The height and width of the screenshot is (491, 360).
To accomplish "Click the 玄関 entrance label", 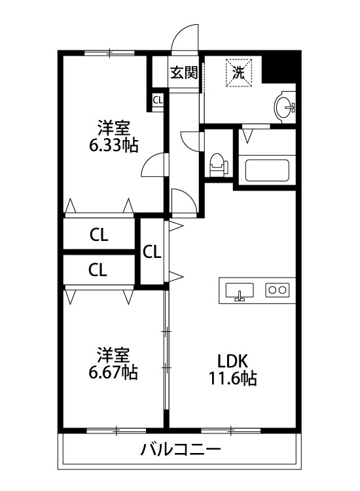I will click(x=184, y=73).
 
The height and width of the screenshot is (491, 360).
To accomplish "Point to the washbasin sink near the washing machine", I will click(x=285, y=107).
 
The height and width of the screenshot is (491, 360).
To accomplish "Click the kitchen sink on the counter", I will click(x=240, y=290).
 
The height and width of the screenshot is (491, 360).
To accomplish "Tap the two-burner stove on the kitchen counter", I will click(x=276, y=289).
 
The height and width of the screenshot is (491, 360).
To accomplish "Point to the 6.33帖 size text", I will click(x=113, y=145).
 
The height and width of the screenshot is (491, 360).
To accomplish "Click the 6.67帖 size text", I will click(x=113, y=373).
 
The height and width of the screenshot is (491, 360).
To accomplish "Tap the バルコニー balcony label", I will click(x=181, y=450).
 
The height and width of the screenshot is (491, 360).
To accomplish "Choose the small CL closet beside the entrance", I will click(x=158, y=100).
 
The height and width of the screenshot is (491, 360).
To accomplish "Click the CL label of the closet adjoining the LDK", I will click(x=152, y=251).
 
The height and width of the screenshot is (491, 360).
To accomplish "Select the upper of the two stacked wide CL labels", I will click(x=99, y=234).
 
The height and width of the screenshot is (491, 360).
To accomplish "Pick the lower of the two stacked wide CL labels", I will click(x=99, y=268).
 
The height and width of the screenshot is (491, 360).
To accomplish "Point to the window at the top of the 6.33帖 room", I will click(x=109, y=52).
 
